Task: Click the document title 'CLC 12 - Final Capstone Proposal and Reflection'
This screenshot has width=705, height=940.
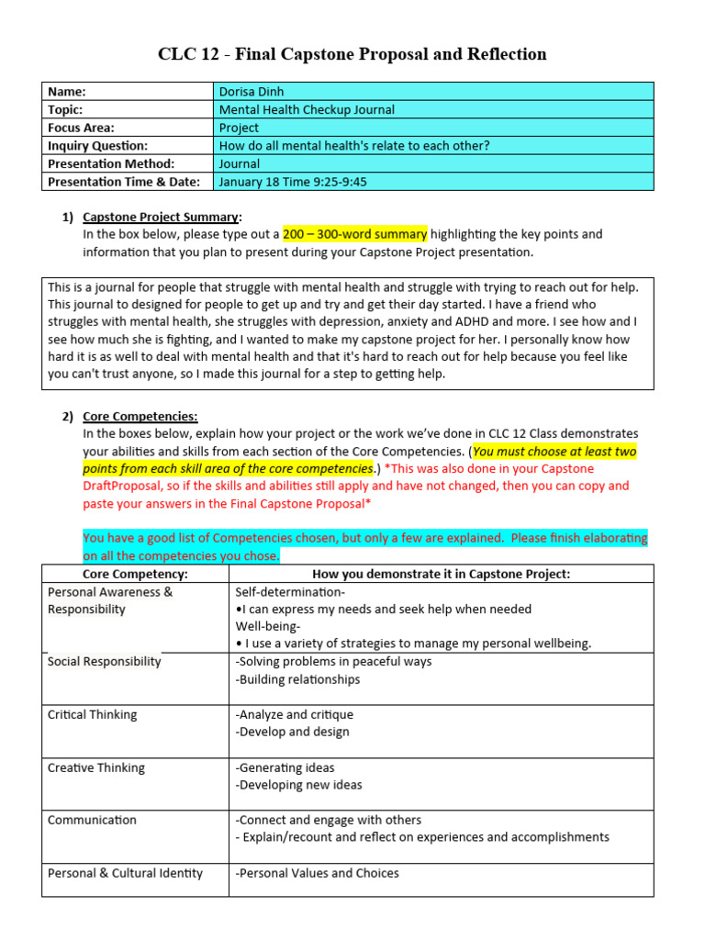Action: (x=352, y=54)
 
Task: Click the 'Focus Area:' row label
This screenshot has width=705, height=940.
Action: (x=81, y=128)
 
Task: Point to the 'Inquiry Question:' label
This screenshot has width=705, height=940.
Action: (x=97, y=145)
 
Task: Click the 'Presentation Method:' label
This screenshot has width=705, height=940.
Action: (x=110, y=163)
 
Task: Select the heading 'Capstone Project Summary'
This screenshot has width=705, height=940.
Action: (x=161, y=218)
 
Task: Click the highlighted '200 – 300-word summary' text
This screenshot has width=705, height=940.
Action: (x=354, y=235)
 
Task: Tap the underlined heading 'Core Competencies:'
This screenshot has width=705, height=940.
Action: (x=140, y=416)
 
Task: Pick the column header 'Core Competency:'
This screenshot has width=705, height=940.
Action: (x=135, y=574)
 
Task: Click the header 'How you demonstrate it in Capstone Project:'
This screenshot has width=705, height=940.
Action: (x=442, y=574)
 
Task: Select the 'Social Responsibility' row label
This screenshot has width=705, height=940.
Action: (x=104, y=662)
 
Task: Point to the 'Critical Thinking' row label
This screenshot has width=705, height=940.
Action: (x=92, y=714)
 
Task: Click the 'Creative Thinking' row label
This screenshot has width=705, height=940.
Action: (x=95, y=767)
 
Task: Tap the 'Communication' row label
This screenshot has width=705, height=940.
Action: (x=92, y=820)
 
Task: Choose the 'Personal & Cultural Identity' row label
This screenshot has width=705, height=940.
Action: (x=125, y=873)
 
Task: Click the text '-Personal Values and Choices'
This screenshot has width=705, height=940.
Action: (x=317, y=873)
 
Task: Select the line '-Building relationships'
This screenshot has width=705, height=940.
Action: (x=297, y=679)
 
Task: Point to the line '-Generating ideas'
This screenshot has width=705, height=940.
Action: (x=285, y=767)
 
